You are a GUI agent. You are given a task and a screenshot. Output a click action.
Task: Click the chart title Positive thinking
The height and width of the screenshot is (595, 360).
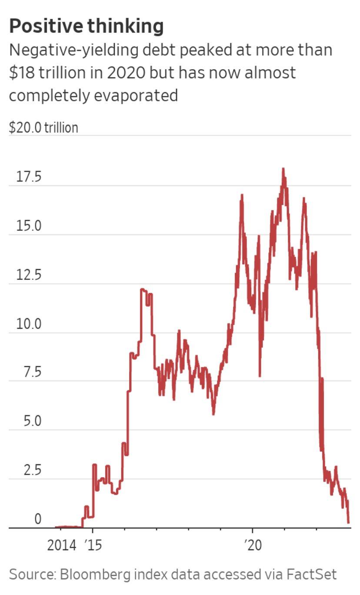pyautogui.click(x=86, y=27)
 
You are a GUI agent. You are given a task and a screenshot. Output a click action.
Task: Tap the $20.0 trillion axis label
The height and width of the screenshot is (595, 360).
pyautogui.click(x=43, y=128)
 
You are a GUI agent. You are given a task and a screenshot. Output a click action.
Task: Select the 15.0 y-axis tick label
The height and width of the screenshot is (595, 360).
pyautogui.click(x=29, y=226)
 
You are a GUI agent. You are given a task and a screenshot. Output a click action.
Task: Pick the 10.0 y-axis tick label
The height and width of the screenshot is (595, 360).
pyautogui.click(x=29, y=324)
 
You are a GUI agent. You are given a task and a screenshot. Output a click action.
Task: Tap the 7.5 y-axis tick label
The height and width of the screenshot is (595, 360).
pyautogui.click(x=32, y=373)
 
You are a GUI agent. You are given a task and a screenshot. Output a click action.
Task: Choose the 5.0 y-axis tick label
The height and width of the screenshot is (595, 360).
pyautogui.click(x=32, y=422)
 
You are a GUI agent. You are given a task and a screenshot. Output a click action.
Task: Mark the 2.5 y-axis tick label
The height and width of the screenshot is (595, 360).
pyautogui.click(x=32, y=471)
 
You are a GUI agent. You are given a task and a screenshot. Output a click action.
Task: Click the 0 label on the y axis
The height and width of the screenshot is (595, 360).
pyautogui.click(x=38, y=519)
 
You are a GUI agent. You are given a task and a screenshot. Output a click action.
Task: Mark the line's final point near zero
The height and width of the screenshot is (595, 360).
pyautogui.click(x=348, y=523)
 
